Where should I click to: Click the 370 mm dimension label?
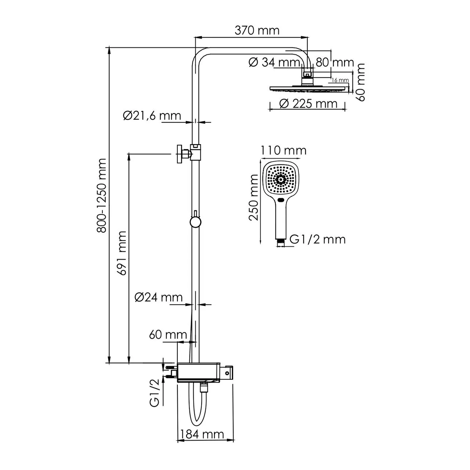tap(257, 30)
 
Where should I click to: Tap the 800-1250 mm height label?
tap(102, 195)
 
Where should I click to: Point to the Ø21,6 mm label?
tap(152, 116)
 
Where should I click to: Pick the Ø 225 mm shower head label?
tap(308, 104)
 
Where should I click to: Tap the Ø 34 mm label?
tap(274, 62)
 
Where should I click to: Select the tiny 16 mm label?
tap(339, 80)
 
